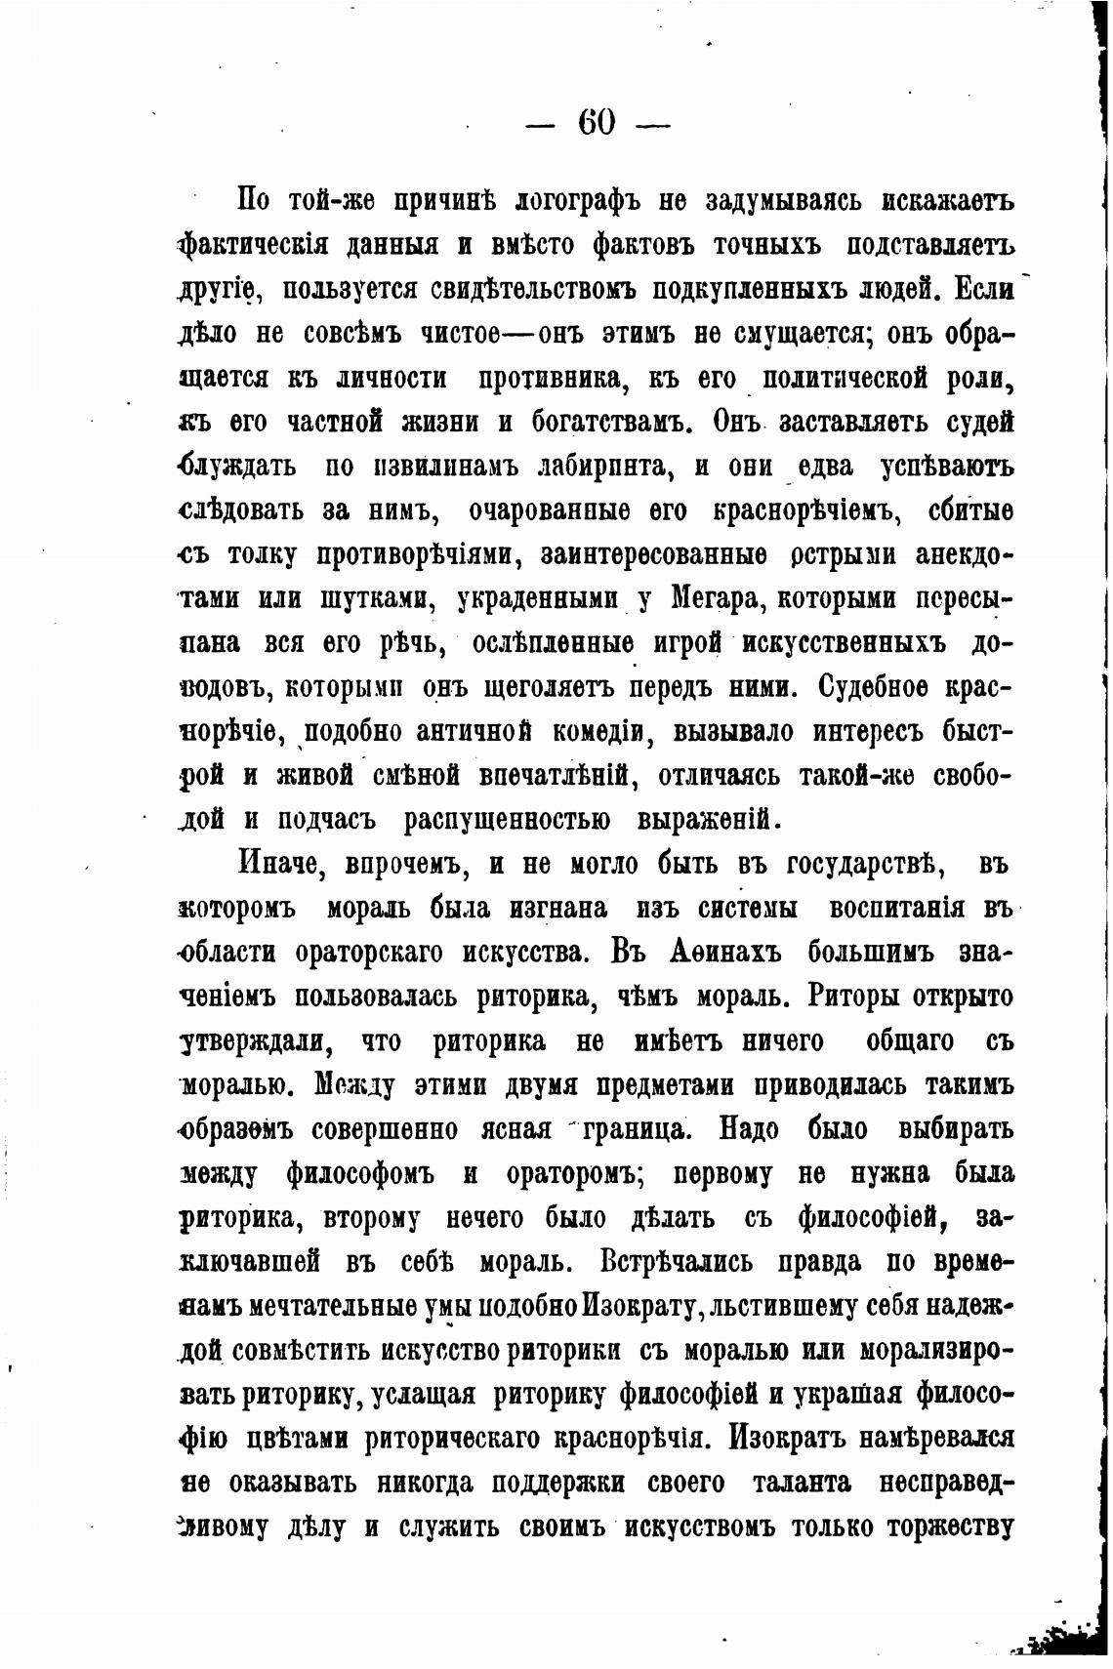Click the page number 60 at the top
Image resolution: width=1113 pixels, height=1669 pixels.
click(x=597, y=123)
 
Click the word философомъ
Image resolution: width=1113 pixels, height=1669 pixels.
click(x=359, y=1173)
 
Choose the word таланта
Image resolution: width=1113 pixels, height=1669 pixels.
click(x=802, y=1484)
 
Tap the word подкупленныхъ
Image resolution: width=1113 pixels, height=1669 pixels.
click(x=731, y=290)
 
